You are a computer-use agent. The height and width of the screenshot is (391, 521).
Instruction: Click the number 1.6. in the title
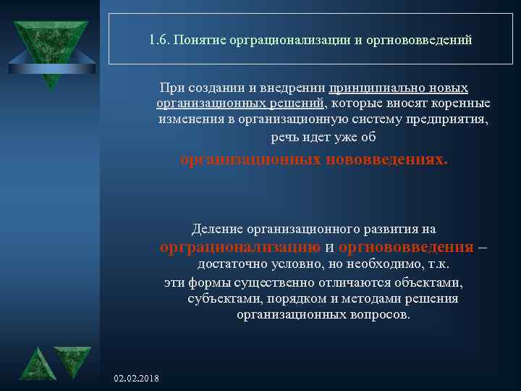coord(158,41)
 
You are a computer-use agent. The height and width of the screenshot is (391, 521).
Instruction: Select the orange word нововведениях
coord(386,159)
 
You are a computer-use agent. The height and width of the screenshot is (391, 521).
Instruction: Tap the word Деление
coord(216,230)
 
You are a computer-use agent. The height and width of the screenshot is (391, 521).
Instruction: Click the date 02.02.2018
coord(137,379)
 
